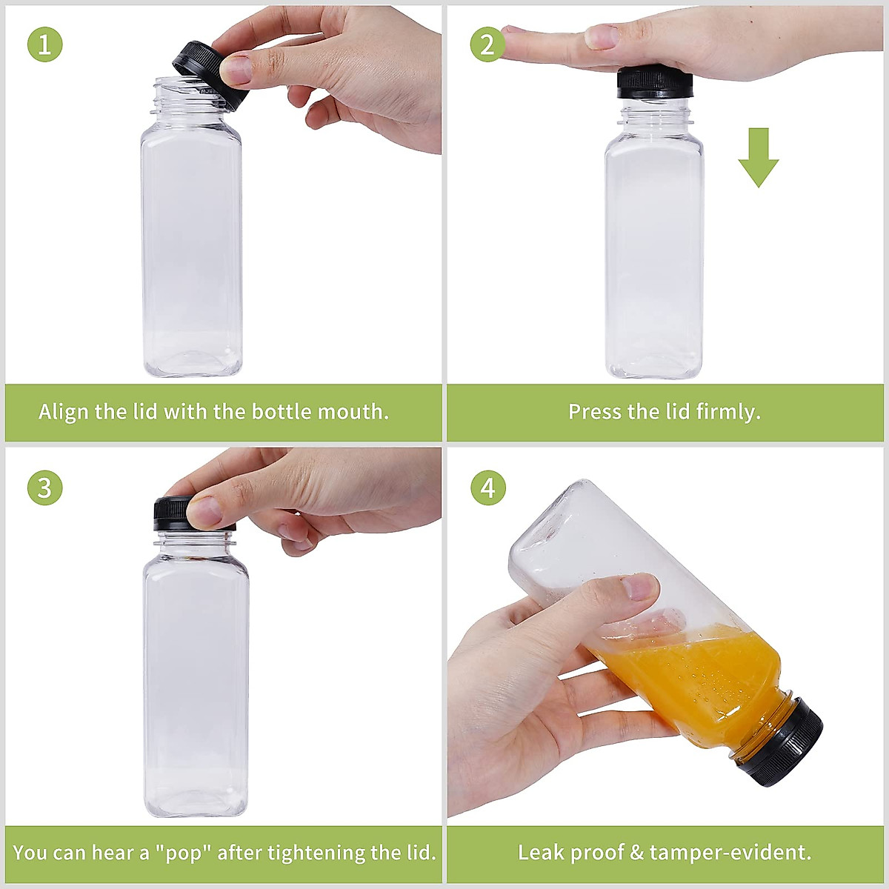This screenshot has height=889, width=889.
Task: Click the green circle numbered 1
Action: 44,44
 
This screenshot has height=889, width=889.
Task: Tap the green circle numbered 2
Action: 487,44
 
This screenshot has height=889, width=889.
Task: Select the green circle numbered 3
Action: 44,488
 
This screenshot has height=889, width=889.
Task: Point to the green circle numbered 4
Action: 487,488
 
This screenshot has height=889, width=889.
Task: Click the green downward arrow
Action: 758,157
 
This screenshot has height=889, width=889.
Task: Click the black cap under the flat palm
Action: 653,84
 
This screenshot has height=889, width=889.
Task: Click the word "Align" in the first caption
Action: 64,412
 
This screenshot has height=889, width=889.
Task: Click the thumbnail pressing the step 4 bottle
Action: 639,587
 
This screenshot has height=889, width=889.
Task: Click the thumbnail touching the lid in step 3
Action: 204,510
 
